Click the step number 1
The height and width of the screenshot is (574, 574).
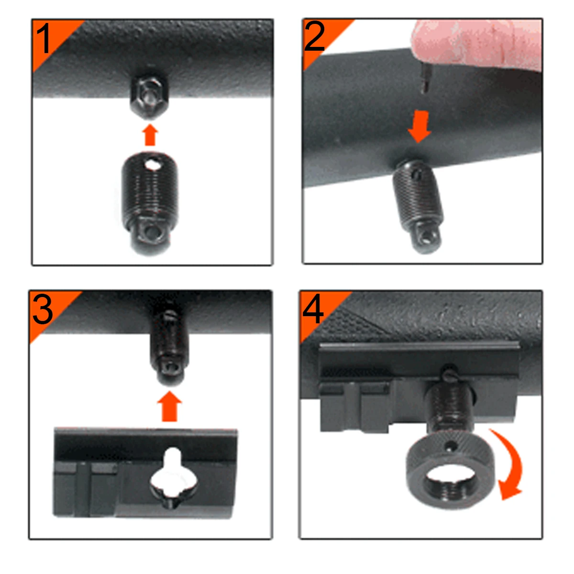coord(44,39)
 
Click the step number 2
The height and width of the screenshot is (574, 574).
coord(314,37)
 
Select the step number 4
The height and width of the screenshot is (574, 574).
coord(313,309)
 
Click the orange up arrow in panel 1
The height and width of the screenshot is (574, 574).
coord(150,135)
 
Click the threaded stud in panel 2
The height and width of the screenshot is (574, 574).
coord(418,201)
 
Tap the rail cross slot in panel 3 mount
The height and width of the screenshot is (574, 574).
coord(87,488)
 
